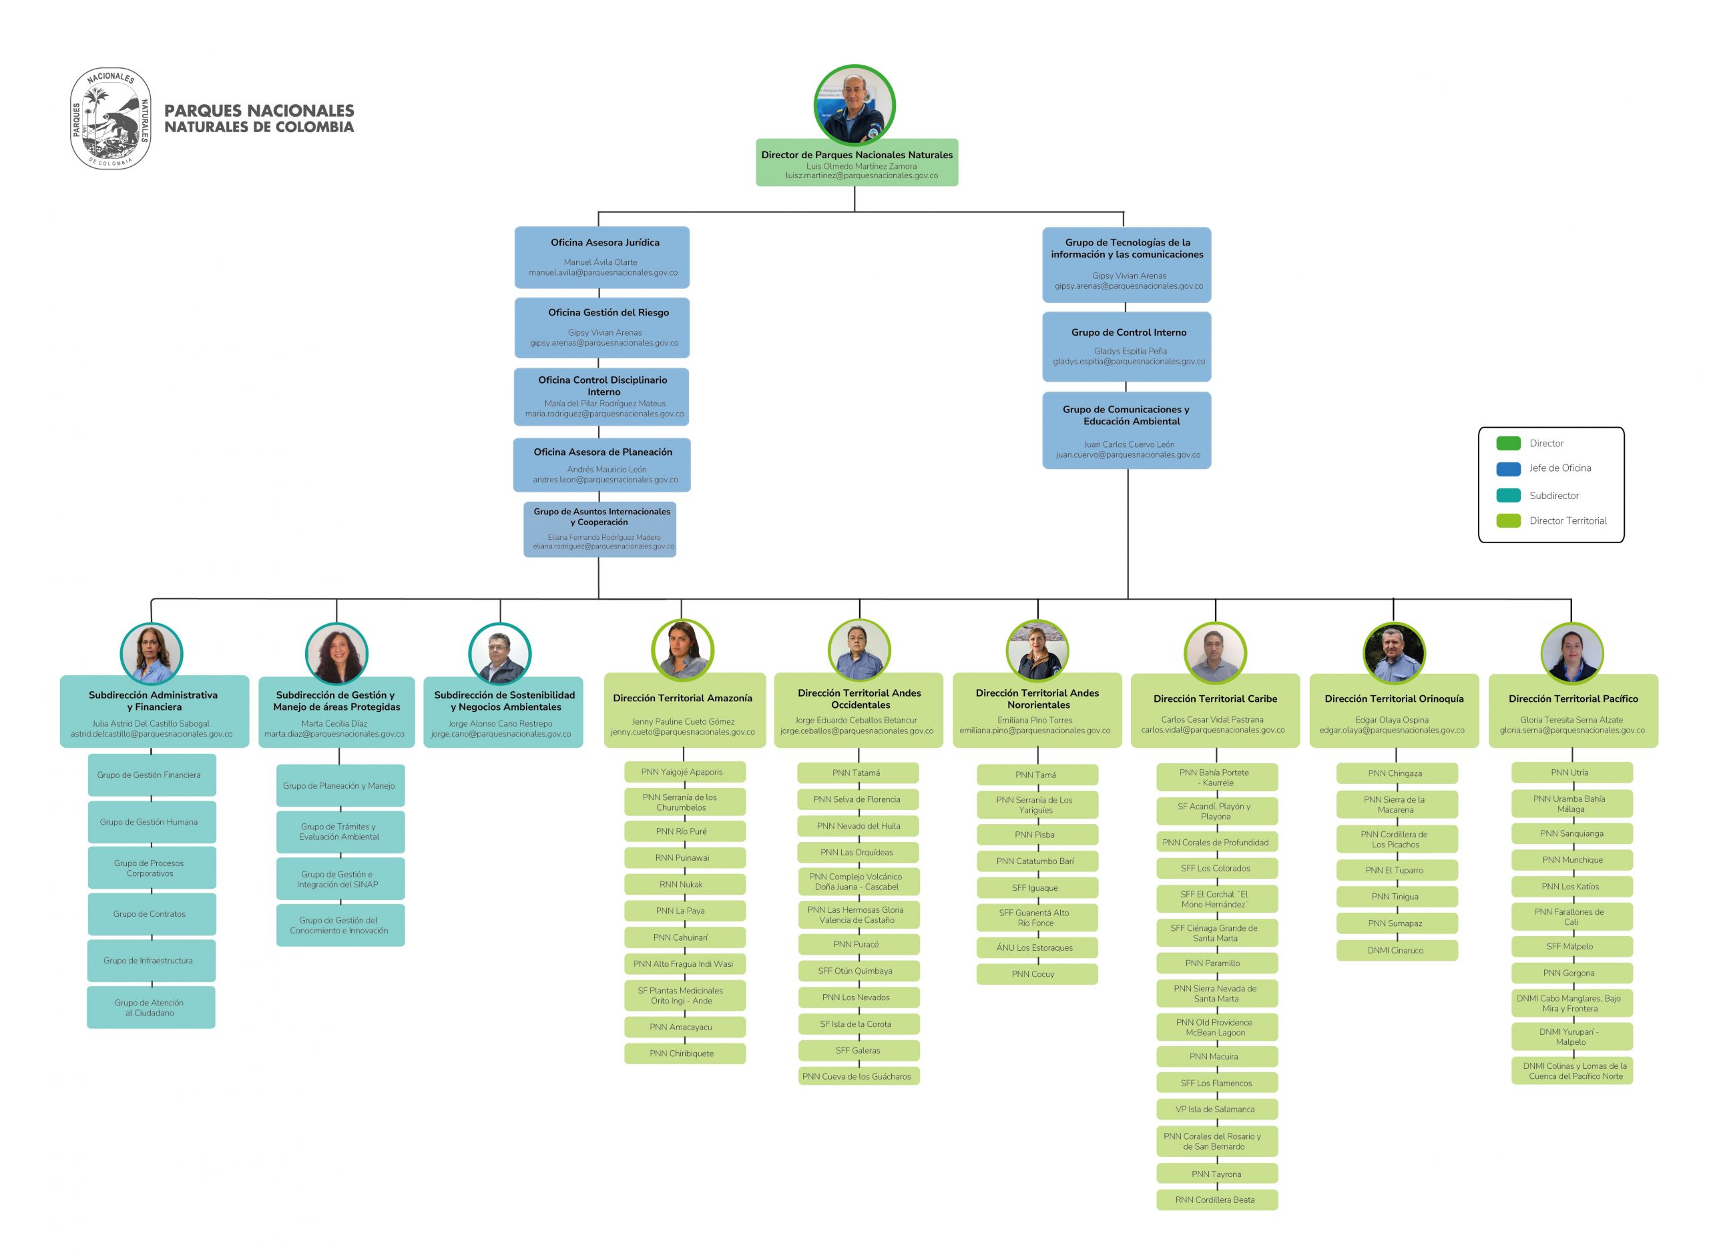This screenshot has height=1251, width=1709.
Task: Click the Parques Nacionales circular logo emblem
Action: [111, 118]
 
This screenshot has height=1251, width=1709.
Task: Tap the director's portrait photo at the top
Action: [854, 105]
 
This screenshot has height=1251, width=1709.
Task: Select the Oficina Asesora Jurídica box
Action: [602, 258]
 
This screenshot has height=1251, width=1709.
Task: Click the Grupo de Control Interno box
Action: [1126, 347]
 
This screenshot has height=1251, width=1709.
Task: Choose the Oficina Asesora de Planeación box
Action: [602, 465]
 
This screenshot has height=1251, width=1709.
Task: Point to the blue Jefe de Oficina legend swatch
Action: [1508, 469]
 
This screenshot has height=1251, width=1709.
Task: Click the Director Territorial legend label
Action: [1567, 521]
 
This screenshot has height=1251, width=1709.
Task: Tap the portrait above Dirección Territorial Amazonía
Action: [682, 651]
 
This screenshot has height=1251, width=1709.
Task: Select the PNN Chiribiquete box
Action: [685, 1054]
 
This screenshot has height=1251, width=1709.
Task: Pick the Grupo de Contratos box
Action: [152, 914]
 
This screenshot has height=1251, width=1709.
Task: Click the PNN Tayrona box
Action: [1216, 1174]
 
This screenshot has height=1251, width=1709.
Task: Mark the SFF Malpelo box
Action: [1572, 947]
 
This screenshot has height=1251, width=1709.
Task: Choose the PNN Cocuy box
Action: [1037, 974]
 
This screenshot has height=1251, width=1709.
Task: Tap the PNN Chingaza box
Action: [1397, 773]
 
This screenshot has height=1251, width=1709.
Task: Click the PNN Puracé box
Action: [859, 944]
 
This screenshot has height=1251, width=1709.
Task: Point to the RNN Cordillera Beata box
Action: [1216, 1200]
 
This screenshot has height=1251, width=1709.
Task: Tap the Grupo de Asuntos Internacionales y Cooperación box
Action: [600, 529]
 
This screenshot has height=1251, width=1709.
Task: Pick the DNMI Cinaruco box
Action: [1397, 950]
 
